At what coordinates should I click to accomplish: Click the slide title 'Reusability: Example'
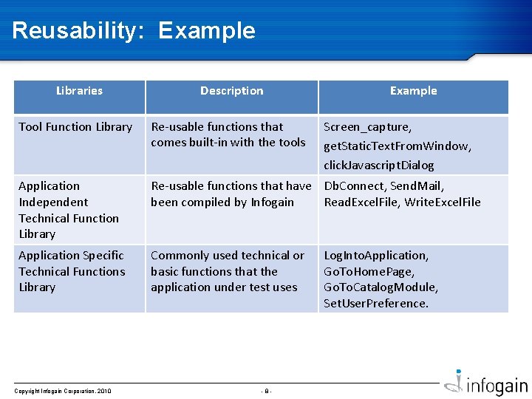click(134, 30)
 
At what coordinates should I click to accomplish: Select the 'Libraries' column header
click(79, 91)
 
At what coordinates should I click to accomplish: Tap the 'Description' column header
click(231, 91)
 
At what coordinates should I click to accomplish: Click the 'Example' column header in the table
click(413, 91)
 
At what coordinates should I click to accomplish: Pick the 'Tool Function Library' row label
click(75, 127)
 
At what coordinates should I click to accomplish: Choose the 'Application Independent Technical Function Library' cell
click(68, 210)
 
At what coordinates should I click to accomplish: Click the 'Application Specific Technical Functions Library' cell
click(72, 271)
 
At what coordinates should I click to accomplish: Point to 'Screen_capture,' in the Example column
click(368, 127)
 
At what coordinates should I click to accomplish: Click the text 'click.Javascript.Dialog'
click(379, 165)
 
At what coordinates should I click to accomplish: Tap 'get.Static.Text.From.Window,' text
click(398, 146)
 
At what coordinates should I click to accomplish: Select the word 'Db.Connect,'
click(355, 186)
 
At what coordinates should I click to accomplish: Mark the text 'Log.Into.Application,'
click(375, 256)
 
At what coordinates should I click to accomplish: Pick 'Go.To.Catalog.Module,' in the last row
click(381, 287)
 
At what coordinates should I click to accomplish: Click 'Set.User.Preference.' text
click(375, 303)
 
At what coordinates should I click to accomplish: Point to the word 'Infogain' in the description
click(272, 202)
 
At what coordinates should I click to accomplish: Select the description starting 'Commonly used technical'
click(227, 271)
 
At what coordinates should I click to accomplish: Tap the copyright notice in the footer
click(63, 391)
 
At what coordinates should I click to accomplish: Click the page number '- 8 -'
click(266, 391)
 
